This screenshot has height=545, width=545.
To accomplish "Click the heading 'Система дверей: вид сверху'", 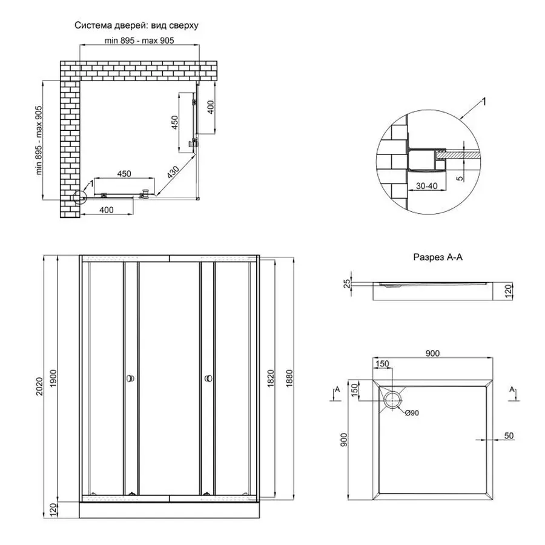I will [x=136, y=26].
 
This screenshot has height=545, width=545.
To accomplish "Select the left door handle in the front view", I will [x=130, y=378].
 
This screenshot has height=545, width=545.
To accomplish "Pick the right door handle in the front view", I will [x=209, y=378].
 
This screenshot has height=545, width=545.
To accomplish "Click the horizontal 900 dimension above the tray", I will [x=432, y=354].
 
